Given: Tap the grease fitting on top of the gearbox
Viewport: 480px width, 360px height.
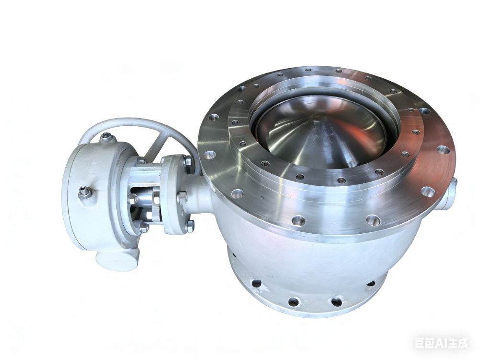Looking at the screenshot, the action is pyautogui.click(x=107, y=137).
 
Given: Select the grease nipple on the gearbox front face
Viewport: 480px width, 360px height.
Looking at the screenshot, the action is pyautogui.click(x=85, y=193).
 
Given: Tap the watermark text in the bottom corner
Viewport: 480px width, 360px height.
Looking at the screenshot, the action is pyautogui.click(x=441, y=343).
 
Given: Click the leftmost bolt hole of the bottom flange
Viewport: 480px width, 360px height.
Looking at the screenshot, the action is pyautogui.click(x=256, y=283).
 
